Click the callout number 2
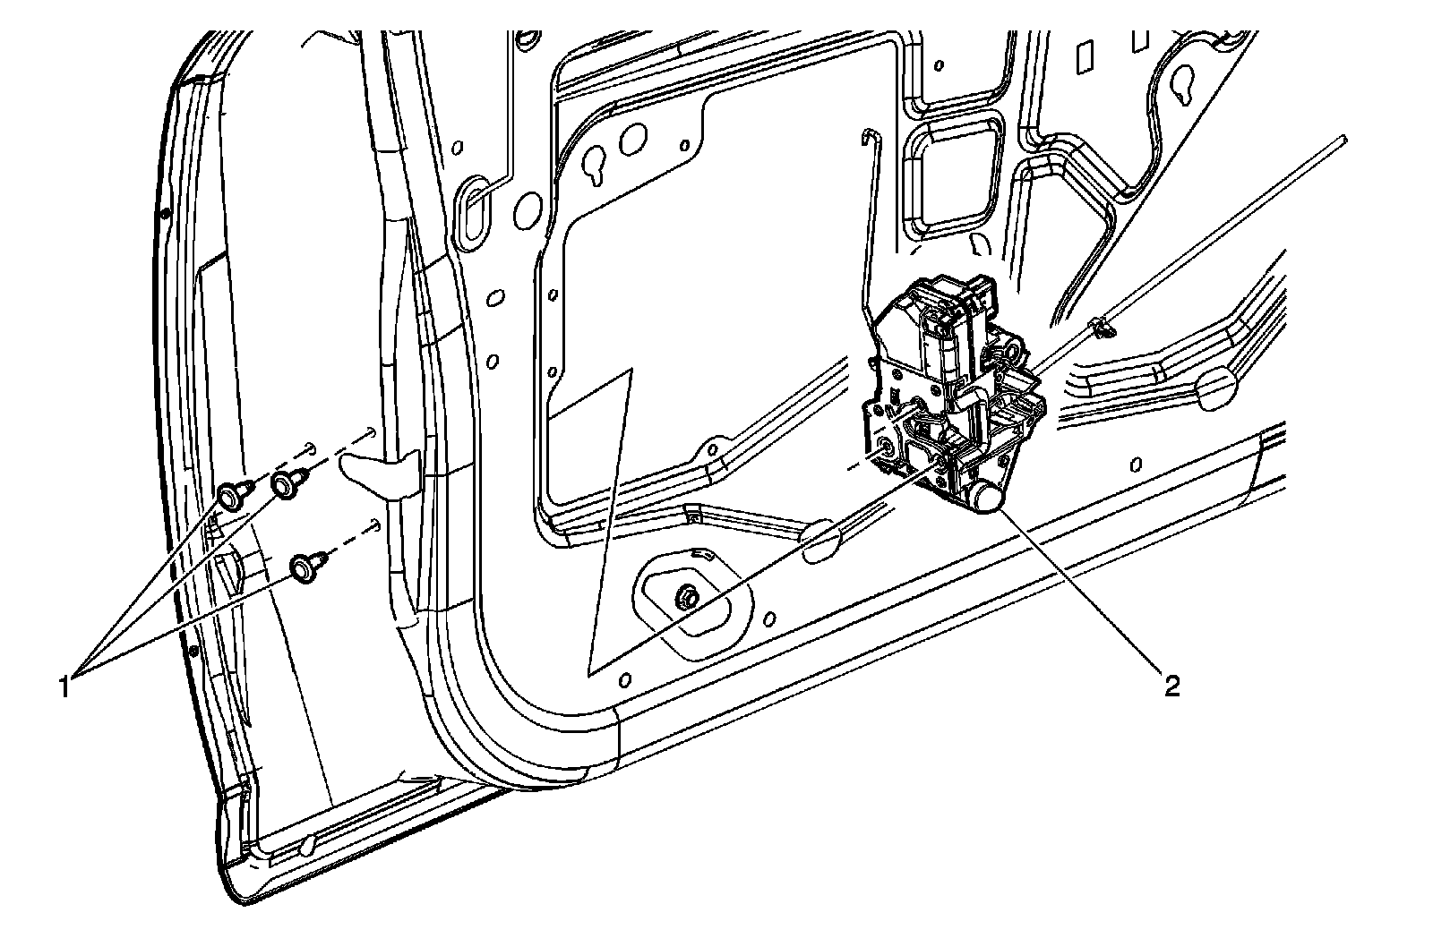pos(1171,686)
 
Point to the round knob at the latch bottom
pos(988,497)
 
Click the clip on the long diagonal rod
pos(1100,328)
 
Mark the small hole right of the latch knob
pos(1136,463)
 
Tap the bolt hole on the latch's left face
pos(886,450)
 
